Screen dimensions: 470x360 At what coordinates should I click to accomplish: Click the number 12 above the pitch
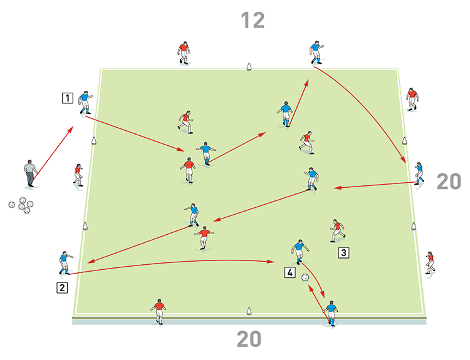[253, 21]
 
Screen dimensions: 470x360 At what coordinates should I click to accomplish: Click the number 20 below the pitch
[249, 339]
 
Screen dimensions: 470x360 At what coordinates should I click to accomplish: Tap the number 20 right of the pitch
[449, 182]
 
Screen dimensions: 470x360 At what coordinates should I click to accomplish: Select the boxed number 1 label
[68, 98]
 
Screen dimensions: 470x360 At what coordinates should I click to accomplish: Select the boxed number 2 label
[62, 287]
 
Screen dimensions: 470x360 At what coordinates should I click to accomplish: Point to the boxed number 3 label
[343, 253]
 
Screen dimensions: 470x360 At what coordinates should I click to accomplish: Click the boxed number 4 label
[290, 272]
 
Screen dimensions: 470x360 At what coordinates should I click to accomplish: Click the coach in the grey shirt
[30, 173]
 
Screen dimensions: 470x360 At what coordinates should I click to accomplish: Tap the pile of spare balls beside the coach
[21, 205]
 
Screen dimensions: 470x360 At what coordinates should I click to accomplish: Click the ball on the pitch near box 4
[305, 277]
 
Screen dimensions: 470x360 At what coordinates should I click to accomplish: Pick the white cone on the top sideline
[249, 66]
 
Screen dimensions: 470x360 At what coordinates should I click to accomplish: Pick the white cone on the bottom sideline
[249, 311]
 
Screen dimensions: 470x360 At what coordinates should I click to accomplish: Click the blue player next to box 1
[85, 102]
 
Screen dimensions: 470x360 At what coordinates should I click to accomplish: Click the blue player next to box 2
[65, 263]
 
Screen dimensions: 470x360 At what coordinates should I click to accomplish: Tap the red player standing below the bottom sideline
[159, 312]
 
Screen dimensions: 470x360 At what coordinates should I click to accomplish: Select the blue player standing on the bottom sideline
[331, 313]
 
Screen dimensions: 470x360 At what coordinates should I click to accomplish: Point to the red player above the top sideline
[184, 53]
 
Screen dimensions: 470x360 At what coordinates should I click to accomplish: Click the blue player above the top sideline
[316, 53]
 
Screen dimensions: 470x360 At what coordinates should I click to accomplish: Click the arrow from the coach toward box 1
[53, 153]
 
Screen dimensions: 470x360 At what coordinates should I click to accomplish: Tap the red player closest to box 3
[338, 230]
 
